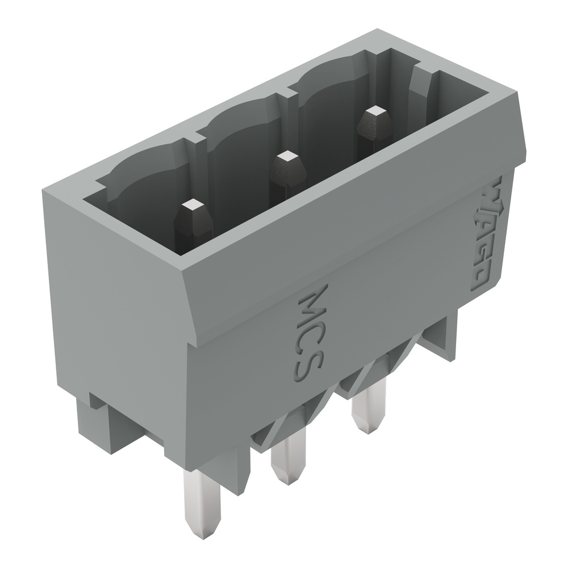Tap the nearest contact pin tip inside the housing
point(193,205)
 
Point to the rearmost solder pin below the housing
point(368,406)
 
